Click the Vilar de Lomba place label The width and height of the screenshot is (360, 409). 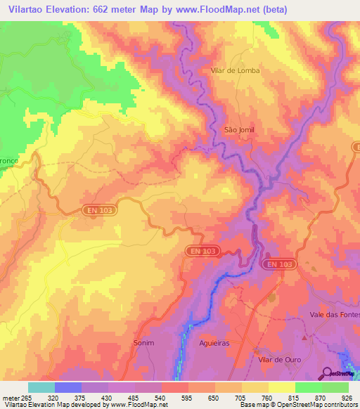(x=235, y=70)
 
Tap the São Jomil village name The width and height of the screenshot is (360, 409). (x=238, y=130)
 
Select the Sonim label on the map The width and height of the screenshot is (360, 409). (x=143, y=343)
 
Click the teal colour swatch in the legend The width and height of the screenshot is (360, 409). (x=41, y=387)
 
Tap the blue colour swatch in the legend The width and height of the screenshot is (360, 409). (x=68, y=387)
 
